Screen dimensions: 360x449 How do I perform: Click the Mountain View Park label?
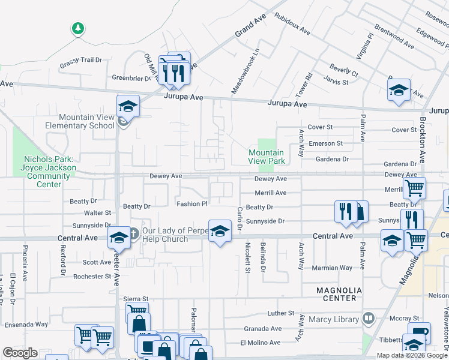click(x=267, y=157)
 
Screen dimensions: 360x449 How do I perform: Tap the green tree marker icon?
click(x=77, y=28)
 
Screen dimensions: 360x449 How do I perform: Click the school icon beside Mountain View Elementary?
click(x=127, y=107)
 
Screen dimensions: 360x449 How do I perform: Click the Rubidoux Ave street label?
click(x=292, y=23)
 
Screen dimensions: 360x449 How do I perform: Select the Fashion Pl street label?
click(x=191, y=204)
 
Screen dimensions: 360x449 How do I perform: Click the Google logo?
click(x=20, y=353)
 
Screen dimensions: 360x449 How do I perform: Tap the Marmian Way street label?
click(x=331, y=268)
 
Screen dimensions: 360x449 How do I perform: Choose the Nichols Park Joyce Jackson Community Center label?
click(x=50, y=172)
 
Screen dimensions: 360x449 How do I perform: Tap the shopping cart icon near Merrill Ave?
click(x=414, y=188)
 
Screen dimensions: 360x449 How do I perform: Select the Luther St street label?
click(x=280, y=313)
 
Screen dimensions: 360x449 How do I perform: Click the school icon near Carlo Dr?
click(x=220, y=231)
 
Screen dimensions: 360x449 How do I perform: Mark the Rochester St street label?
click(x=88, y=277)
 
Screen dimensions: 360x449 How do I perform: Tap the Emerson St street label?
click(x=325, y=143)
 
